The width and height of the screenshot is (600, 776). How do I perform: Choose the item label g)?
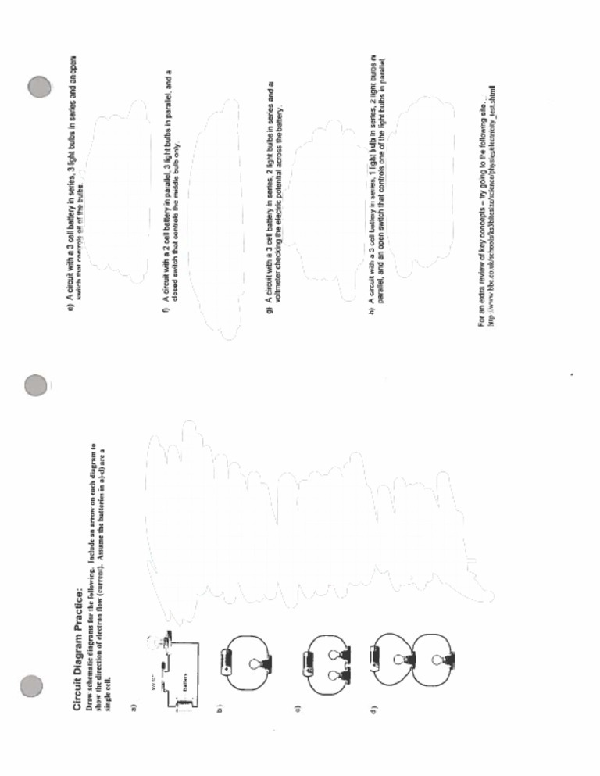[x=268, y=310]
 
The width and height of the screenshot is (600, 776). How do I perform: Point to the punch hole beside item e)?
[x=39, y=88]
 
